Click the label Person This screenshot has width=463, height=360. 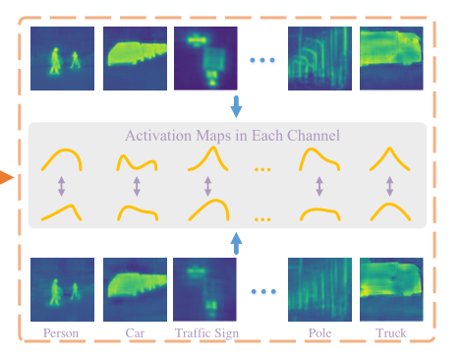[62, 333]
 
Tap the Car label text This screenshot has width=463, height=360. [135, 333]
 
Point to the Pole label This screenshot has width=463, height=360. [318, 333]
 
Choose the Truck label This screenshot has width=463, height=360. [390, 333]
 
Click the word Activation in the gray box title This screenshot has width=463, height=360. [159, 136]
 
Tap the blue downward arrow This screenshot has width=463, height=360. [236, 105]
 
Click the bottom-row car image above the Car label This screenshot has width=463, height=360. [135, 289]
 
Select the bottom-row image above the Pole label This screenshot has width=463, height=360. [318, 289]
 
